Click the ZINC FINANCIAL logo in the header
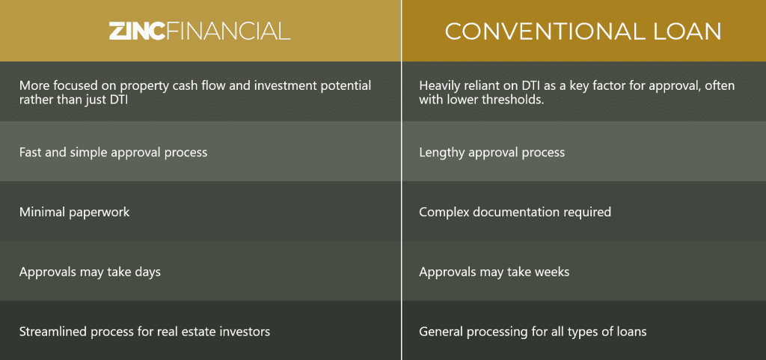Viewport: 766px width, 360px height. [x=199, y=31]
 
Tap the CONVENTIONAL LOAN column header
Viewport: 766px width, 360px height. [x=583, y=31]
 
